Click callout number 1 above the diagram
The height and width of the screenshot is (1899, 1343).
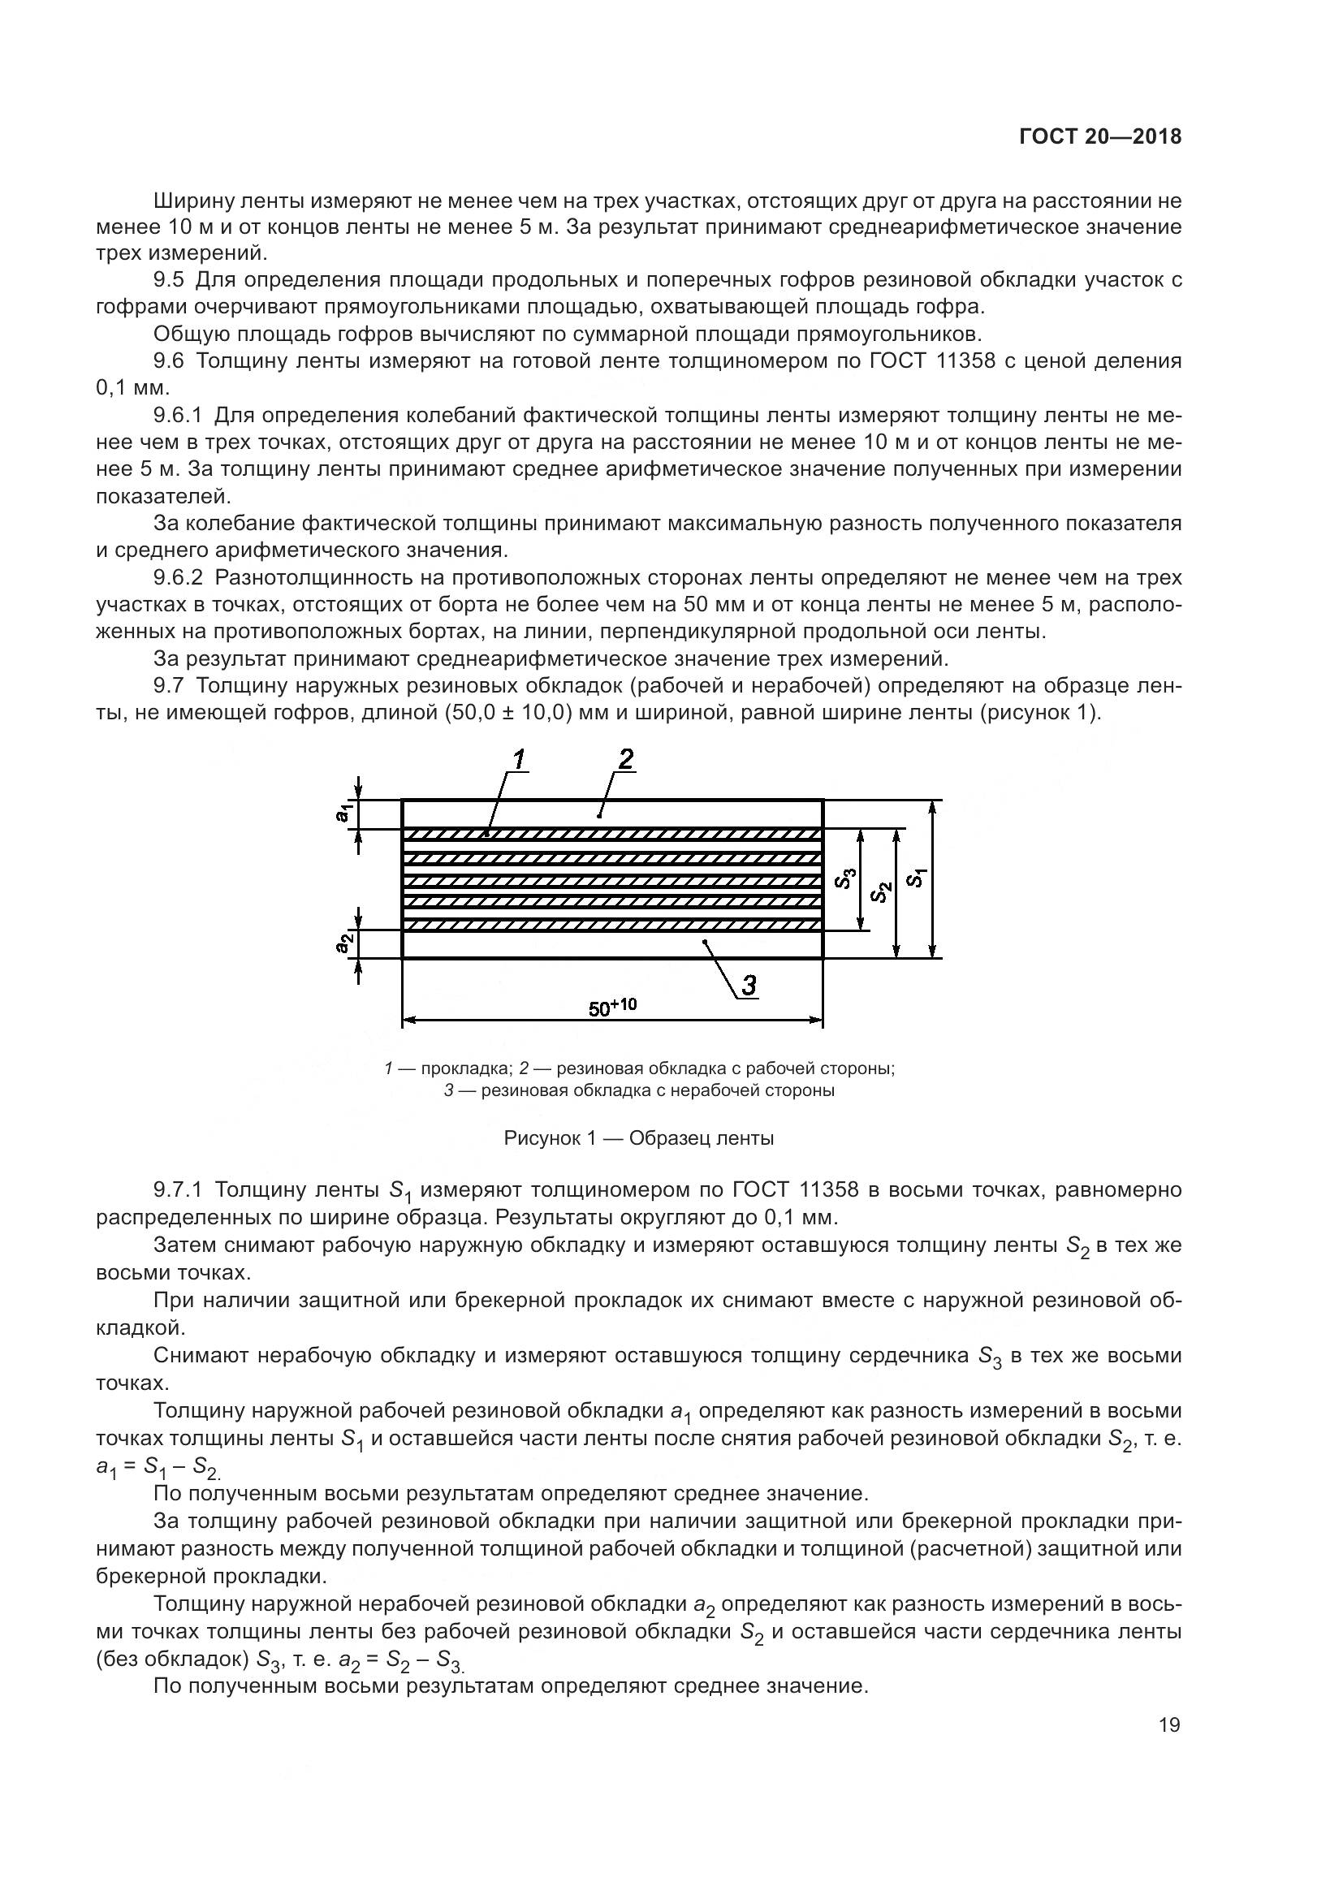(519, 758)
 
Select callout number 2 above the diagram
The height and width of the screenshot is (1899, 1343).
(625, 758)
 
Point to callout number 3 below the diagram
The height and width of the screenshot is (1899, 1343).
(748, 984)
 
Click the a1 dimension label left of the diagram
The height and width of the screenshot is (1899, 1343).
(343, 813)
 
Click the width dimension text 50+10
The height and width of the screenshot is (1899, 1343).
(612, 1007)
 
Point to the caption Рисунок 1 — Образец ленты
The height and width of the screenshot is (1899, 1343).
(638, 1138)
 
